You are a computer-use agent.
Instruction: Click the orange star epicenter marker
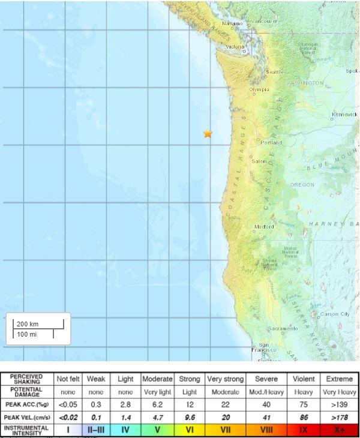click(208, 134)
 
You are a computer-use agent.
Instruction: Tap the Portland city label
click(271, 143)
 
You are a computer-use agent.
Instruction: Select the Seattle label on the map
click(275, 72)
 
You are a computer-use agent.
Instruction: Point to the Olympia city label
click(259, 90)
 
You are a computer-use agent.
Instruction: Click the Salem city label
click(259, 161)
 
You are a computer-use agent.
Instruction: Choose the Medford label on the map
click(264, 227)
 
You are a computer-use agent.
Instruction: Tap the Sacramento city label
click(283, 329)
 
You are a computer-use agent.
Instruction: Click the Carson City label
click(335, 314)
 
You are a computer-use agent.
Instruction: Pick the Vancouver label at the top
click(265, 21)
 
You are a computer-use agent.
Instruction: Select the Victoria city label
click(235, 46)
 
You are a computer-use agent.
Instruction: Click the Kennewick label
click(344, 114)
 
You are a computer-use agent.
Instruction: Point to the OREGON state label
click(302, 185)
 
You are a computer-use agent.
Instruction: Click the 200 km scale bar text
click(28, 324)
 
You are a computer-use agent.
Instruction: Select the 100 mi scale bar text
click(26, 334)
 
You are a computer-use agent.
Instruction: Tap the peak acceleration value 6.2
click(157, 405)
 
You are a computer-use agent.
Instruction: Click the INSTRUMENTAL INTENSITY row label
click(27, 430)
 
